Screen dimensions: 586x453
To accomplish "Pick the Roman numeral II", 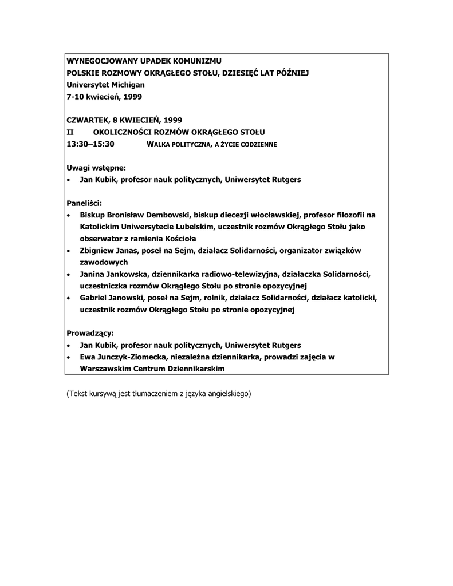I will [70, 132].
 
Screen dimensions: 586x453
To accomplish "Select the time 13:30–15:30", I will [90, 144].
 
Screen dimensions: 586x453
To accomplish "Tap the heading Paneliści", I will [84, 203].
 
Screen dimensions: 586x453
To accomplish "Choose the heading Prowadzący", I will [90, 333].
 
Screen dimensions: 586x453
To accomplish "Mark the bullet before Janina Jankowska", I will [69, 275].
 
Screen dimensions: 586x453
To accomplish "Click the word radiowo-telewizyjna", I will [227, 274].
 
